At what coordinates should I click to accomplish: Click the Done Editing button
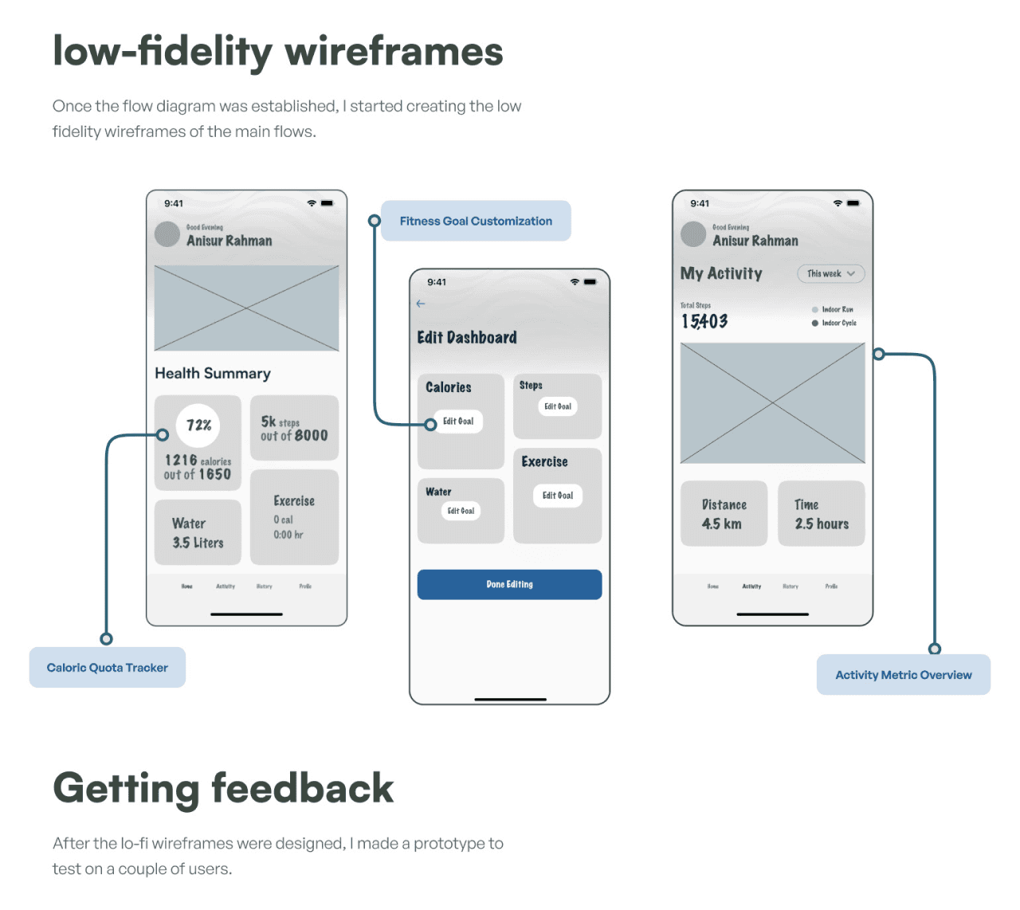[x=509, y=584]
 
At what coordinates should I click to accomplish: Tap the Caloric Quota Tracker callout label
[x=108, y=668]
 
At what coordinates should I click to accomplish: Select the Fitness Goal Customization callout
[x=476, y=221]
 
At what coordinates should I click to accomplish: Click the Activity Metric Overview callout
[x=903, y=675]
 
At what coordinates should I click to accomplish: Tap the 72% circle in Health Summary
[x=198, y=426]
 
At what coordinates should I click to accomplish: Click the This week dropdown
[x=830, y=274]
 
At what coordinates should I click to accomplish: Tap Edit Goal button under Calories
[x=458, y=422]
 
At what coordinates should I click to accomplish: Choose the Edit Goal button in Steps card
[x=558, y=406]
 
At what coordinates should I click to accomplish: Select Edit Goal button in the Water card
[x=461, y=511]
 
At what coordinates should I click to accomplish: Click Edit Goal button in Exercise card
[x=558, y=496]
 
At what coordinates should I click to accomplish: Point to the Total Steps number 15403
[x=704, y=321]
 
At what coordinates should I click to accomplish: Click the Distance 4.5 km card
[x=724, y=514]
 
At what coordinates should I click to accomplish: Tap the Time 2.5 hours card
[x=821, y=514]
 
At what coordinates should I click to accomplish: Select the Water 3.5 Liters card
[x=198, y=532]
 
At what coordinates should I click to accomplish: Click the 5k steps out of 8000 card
[x=294, y=428]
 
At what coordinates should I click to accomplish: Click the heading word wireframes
[x=394, y=52]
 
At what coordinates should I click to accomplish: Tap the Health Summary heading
[x=213, y=373]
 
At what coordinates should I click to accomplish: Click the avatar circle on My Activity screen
[x=693, y=234]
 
